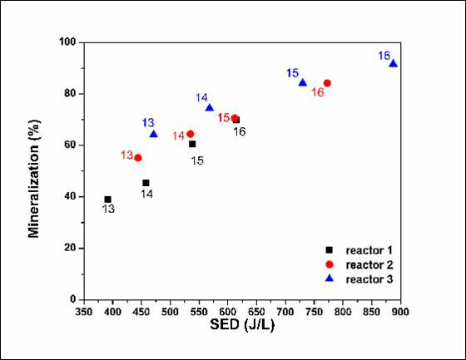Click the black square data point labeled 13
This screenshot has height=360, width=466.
108,200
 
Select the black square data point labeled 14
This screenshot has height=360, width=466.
146,183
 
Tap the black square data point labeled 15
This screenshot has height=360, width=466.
192,144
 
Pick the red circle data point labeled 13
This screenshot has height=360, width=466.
138,158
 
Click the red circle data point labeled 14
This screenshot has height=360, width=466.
191,134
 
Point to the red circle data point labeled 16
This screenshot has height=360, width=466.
327,83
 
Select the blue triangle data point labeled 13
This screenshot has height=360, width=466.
154,134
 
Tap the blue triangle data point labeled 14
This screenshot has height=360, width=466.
210,107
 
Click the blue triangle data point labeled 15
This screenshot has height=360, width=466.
303,82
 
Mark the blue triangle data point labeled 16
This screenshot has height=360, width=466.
393,63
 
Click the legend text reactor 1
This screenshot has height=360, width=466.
369,250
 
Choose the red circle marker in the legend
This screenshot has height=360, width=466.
330,264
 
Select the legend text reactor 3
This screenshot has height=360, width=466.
369,279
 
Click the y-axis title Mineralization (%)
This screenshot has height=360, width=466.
34,179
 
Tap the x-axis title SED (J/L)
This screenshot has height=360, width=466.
242,324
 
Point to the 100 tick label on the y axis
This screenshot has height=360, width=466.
67,42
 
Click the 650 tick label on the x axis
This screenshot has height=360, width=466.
256,312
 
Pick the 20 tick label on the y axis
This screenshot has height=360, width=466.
71,248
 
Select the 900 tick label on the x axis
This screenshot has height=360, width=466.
400,312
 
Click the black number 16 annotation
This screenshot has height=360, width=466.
240,131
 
